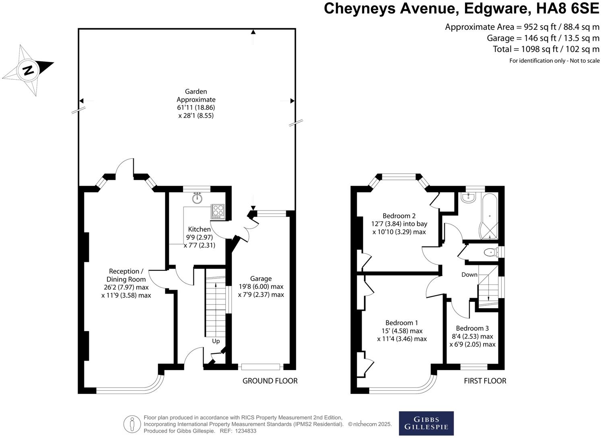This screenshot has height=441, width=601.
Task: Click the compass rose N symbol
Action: (29, 70)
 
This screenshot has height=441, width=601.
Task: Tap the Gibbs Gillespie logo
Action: (426, 423)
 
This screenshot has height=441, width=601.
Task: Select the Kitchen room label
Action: (200, 229)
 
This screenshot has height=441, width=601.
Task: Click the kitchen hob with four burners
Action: (218, 211)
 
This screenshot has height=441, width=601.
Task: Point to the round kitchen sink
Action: (198, 198)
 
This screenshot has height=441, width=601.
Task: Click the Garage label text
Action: (261, 278)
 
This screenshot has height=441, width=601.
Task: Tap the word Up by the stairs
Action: (216, 341)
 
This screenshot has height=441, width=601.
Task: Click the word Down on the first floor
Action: (469, 274)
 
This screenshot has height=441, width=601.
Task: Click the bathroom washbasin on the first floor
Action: (469, 197)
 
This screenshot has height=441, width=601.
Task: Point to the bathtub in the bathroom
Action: (489, 216)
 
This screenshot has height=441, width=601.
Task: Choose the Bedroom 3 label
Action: (472, 328)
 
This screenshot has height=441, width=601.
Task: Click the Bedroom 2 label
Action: (399, 216)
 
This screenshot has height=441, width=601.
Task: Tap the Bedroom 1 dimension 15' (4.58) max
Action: (402, 331)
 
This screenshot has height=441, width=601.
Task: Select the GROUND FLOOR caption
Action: (270, 381)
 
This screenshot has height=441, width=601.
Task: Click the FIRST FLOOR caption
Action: (485, 381)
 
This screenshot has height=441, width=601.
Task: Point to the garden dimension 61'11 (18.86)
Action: (196, 107)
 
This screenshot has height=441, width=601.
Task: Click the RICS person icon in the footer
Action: (132, 424)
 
